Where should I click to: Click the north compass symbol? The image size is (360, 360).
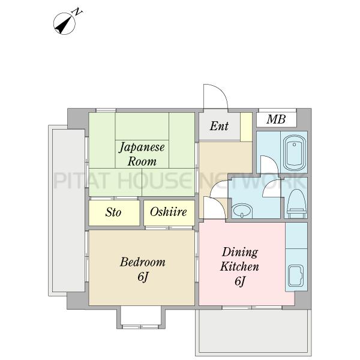(x=64, y=23)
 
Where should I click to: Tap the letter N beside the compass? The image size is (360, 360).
(x=77, y=12)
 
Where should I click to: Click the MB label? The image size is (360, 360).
(x=276, y=119)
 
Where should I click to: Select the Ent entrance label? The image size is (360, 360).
(x=219, y=126)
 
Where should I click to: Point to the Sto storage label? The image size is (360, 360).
(x=113, y=212)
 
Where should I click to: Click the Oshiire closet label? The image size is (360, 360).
(x=168, y=212)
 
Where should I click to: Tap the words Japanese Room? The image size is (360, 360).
(x=142, y=154)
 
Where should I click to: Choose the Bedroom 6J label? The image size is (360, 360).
(x=143, y=269)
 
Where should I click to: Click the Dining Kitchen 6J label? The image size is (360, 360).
(x=239, y=266)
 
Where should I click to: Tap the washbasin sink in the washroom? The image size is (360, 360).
(x=242, y=211)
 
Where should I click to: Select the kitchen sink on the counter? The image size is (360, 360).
(x=296, y=275)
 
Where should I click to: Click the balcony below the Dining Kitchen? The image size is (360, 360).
(x=253, y=331)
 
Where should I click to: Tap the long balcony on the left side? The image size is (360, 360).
(x=67, y=211)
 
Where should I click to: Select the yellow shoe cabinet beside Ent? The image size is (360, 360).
(x=246, y=127)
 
